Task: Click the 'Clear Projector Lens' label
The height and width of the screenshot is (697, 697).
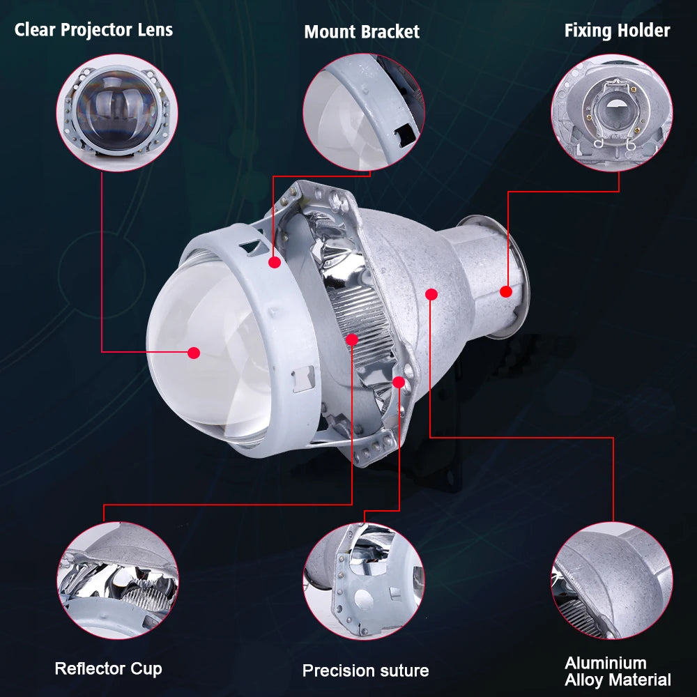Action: pyautogui.click(x=93, y=30)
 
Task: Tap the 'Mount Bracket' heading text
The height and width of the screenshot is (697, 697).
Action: pyautogui.click(x=362, y=31)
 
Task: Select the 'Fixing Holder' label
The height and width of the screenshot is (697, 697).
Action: pyautogui.click(x=617, y=31)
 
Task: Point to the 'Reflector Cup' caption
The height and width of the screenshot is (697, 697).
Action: pyautogui.click(x=109, y=668)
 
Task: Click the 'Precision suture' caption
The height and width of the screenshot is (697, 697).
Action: pyautogui.click(x=365, y=671)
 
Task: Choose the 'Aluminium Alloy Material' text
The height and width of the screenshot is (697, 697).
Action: pyautogui.click(x=618, y=672)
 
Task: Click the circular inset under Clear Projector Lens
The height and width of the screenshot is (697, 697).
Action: pyautogui.click(x=117, y=113)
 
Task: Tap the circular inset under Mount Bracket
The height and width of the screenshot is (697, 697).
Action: pyautogui.click(x=364, y=112)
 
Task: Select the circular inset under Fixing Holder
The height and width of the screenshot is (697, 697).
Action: pyautogui.click(x=612, y=113)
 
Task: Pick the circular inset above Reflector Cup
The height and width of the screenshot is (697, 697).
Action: pyautogui.click(x=118, y=581)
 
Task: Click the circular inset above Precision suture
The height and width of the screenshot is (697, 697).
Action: pyautogui.click(x=364, y=581)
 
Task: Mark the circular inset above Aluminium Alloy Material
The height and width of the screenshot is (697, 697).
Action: pyautogui.click(x=612, y=581)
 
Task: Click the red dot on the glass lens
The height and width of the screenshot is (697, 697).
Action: pyautogui.click(x=194, y=353)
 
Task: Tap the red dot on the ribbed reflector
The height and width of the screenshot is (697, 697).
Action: pyautogui.click(x=351, y=340)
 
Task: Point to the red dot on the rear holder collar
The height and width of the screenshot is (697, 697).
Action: pyautogui.click(x=506, y=291)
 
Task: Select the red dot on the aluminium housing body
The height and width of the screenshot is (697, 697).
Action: pyautogui.click(x=431, y=294)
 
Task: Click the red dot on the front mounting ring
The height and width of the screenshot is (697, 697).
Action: pyautogui.click(x=275, y=262)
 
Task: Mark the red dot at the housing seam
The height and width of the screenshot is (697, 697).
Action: pyautogui.click(x=399, y=382)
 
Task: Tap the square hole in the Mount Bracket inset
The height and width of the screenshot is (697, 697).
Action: pyautogui.click(x=406, y=133)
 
